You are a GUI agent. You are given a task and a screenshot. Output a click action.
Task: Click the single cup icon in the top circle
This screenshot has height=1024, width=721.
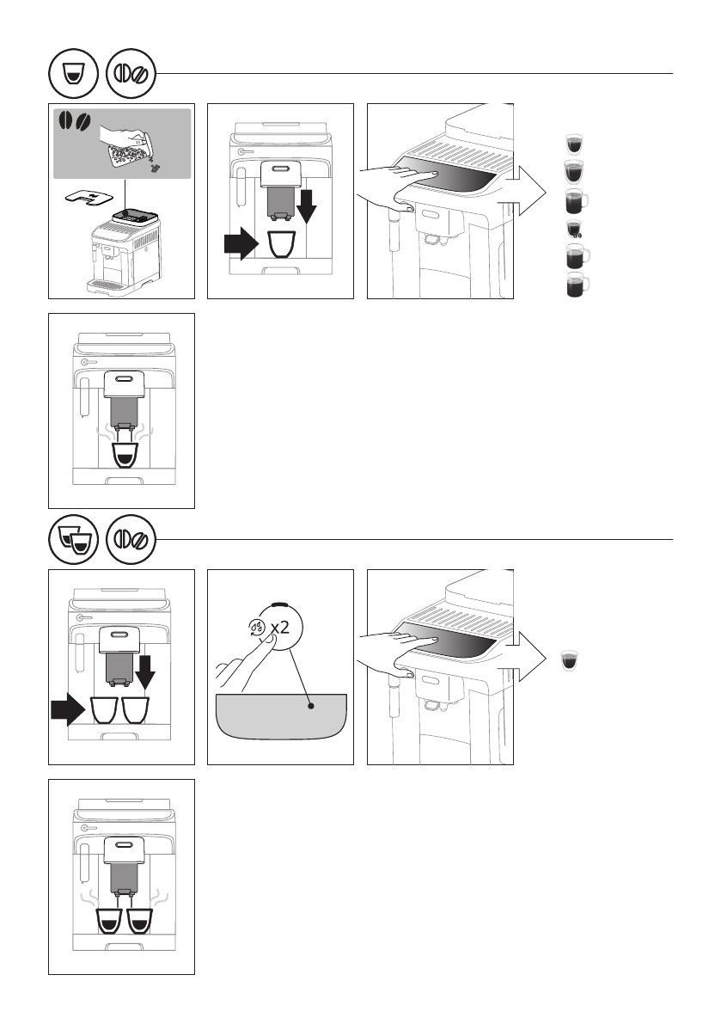73,74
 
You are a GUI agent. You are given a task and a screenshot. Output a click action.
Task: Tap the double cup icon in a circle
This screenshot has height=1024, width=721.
74,540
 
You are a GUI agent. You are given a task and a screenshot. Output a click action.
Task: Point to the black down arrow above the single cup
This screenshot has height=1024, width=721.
306,200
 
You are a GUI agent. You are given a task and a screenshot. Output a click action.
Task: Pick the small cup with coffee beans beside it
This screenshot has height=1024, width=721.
574,229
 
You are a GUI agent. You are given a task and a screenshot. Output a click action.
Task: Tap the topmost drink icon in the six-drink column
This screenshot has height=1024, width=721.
574,143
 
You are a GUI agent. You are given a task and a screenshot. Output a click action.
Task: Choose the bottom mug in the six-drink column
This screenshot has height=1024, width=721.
577,285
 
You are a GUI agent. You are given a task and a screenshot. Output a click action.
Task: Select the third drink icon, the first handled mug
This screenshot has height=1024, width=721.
577,201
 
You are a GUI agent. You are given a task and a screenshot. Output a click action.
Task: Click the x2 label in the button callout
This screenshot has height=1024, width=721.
280,627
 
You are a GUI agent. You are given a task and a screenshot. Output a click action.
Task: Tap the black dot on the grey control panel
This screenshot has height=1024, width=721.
311,706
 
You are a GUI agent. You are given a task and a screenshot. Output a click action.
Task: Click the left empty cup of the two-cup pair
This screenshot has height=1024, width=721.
104,710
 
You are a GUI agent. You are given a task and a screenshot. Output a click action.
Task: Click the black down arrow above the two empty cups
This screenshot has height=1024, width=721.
145,672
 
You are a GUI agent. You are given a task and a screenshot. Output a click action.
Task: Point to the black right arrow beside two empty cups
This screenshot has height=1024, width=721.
69,710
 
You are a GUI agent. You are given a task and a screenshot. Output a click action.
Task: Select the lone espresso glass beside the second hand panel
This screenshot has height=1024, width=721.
570,660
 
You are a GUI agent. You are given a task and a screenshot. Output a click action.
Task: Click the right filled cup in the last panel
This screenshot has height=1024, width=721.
139,921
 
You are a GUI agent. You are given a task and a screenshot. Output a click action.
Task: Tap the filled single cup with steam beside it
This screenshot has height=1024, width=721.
124,455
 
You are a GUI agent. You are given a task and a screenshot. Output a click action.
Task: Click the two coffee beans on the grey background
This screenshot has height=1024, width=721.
75,121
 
